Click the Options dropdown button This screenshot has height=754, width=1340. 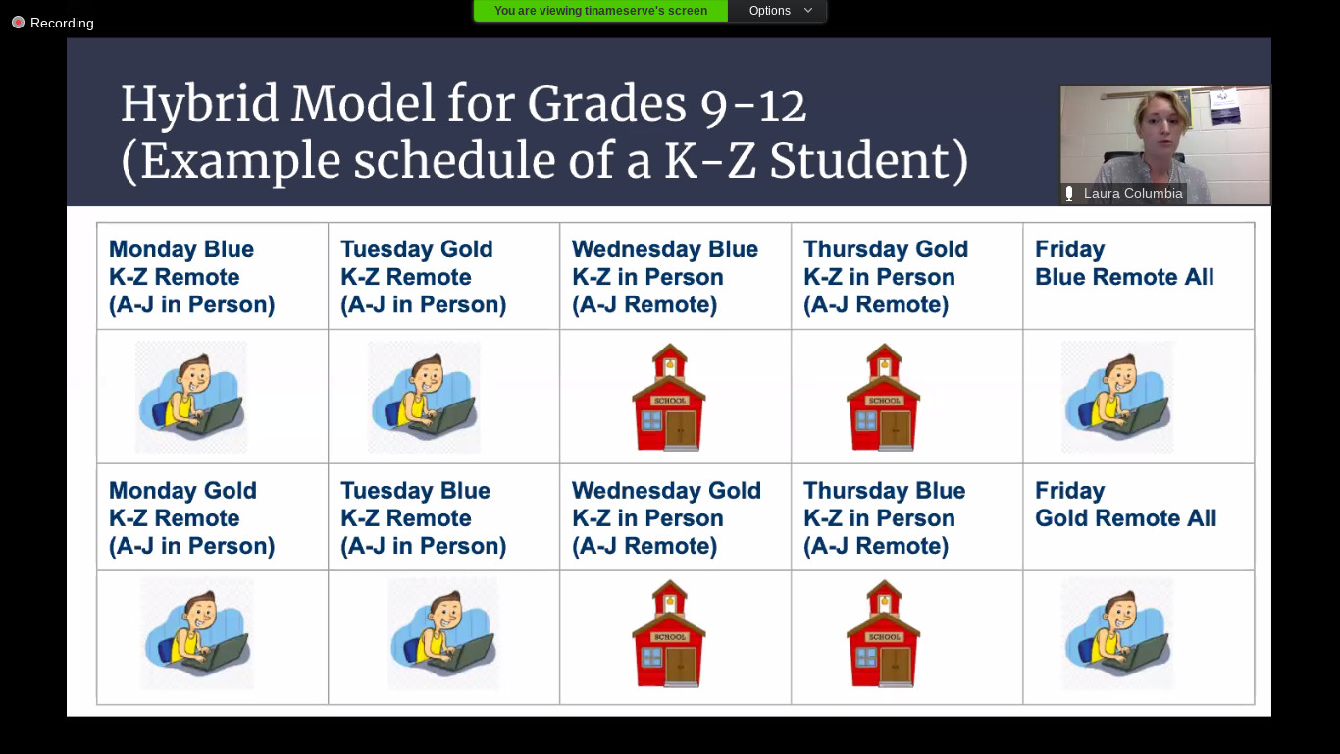pos(778,11)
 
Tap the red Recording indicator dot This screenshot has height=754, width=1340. pos(19,23)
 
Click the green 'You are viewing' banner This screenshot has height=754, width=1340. pos(600,11)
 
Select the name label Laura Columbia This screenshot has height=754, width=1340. pos(1132,193)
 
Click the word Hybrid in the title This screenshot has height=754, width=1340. pos(200,105)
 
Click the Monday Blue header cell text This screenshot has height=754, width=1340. pos(191,277)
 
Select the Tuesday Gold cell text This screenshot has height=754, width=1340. pos(423,277)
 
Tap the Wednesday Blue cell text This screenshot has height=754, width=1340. pos(665,277)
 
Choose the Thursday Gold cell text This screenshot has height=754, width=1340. pos(886,277)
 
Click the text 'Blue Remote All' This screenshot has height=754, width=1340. pos(1124,277)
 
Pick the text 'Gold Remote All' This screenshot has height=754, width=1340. pos(1125,518)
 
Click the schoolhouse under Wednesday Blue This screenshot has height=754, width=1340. pos(669,397)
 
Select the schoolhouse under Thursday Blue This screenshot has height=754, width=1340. pos(883,633)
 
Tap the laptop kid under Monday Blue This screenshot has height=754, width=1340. pos(191,397)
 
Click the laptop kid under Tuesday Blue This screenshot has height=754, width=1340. pos(442,632)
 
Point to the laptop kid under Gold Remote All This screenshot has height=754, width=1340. pos(1117,632)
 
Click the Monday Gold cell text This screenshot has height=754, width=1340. pos(191,518)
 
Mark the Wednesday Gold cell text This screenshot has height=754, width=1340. pos(666,518)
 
